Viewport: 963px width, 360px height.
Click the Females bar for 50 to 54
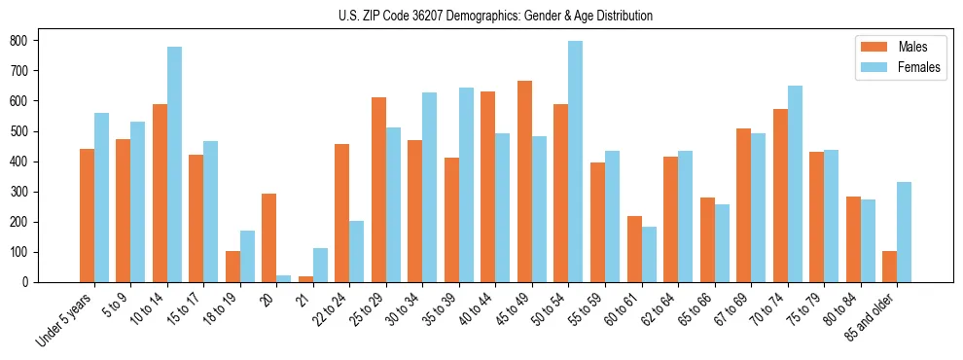coord(576,162)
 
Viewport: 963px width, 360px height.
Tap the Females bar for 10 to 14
coord(174,164)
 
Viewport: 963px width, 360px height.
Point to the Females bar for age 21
coord(320,265)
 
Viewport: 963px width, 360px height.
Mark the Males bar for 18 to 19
coord(232,267)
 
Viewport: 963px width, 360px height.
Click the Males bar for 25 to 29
coord(378,190)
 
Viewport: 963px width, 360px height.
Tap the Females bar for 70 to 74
coord(795,184)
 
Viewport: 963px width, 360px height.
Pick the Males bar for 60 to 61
coord(634,249)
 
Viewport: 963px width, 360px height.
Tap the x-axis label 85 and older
coord(869,320)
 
